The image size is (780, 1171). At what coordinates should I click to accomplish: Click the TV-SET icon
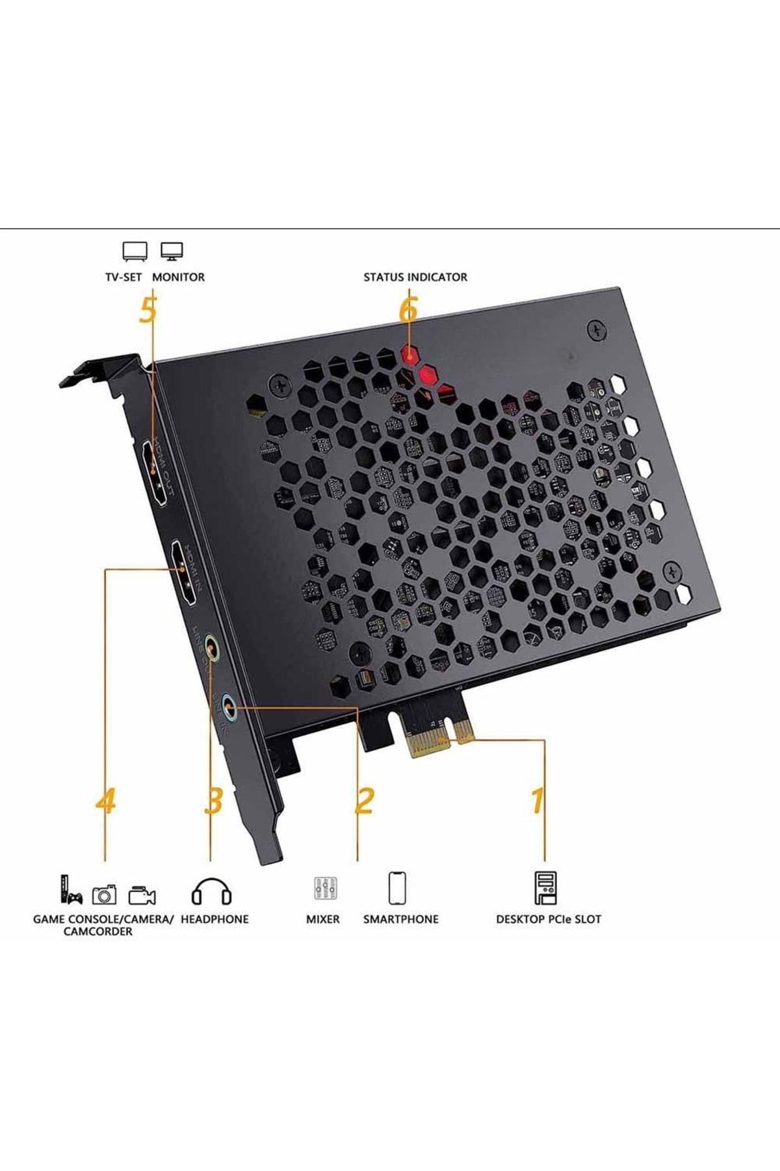135,251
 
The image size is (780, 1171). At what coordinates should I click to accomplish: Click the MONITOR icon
172,251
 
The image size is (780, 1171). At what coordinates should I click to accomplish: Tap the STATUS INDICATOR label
415,277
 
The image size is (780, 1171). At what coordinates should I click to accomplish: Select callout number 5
148,312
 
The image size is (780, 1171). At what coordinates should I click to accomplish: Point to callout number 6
408,312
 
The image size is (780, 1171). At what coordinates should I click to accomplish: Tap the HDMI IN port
183,574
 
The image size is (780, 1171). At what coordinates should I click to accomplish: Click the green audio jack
211,647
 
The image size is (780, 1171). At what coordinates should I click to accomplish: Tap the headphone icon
211,891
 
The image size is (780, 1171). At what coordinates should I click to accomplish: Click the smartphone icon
397,888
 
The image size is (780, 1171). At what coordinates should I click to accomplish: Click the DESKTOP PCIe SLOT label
548,919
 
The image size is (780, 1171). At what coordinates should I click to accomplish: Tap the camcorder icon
142,896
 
